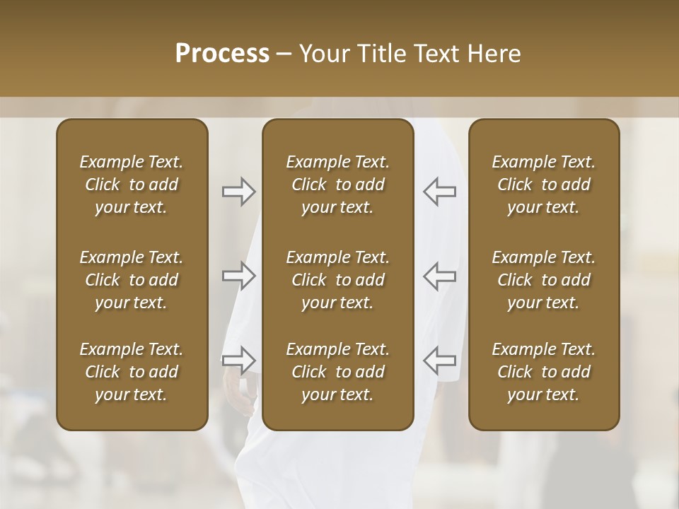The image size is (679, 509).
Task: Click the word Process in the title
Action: point(222,53)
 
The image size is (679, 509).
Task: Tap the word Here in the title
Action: point(494,53)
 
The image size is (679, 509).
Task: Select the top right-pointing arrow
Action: point(238,192)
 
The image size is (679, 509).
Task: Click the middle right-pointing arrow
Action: point(238,276)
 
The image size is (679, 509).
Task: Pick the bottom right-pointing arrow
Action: point(238,360)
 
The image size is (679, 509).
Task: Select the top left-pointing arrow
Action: point(440,192)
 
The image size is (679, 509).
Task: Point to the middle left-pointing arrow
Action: point(440,276)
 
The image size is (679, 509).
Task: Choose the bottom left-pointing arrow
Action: point(440,360)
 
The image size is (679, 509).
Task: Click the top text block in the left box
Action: point(132,185)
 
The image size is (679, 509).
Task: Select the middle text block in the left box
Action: point(132,280)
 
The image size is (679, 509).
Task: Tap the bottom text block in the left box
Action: point(132,372)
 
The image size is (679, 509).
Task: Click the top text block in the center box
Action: point(338,185)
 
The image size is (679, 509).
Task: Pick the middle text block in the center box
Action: point(338,280)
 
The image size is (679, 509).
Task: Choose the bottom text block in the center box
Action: point(338,372)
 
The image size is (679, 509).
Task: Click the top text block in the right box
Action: point(544,185)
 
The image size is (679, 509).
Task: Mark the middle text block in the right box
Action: point(544,280)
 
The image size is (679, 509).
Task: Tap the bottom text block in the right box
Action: point(544,372)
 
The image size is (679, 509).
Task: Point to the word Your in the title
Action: point(324,53)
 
